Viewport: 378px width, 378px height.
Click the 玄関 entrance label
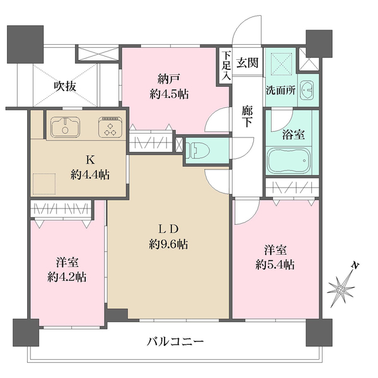tap(246, 62)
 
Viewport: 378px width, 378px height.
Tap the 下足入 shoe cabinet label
tap(226, 65)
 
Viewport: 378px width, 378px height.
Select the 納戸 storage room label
tap(169, 79)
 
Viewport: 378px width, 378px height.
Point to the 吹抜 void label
tap(65, 86)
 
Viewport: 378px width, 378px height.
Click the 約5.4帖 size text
tap(275, 265)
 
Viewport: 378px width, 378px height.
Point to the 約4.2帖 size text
tap(66, 277)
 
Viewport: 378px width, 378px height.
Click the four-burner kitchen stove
tap(111, 129)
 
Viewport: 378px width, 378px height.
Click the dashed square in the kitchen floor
tap(45, 184)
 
